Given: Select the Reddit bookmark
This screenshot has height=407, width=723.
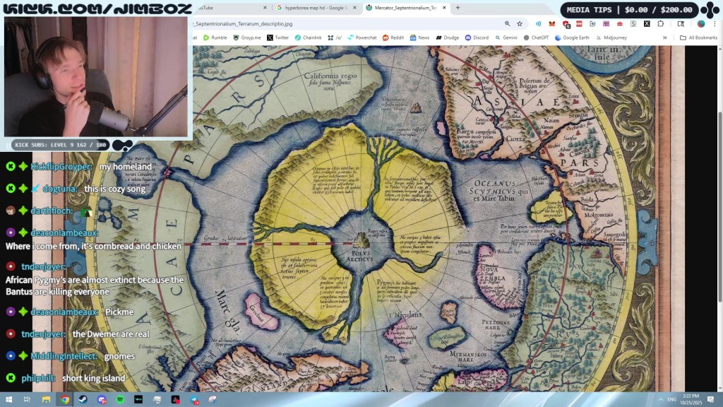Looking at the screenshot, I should click(x=393, y=37).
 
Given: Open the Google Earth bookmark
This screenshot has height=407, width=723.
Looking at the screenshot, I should click(x=580, y=37).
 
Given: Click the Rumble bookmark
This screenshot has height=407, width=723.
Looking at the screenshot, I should click(x=215, y=37).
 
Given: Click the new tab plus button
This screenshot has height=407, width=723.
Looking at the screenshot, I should click(x=458, y=8).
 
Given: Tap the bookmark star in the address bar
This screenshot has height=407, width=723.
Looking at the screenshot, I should click(x=520, y=23).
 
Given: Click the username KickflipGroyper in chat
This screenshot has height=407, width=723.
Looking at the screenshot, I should click(x=61, y=167).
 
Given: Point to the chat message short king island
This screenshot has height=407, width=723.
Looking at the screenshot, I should click(x=93, y=378).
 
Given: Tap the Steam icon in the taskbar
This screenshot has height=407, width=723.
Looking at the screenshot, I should click(x=83, y=399).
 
